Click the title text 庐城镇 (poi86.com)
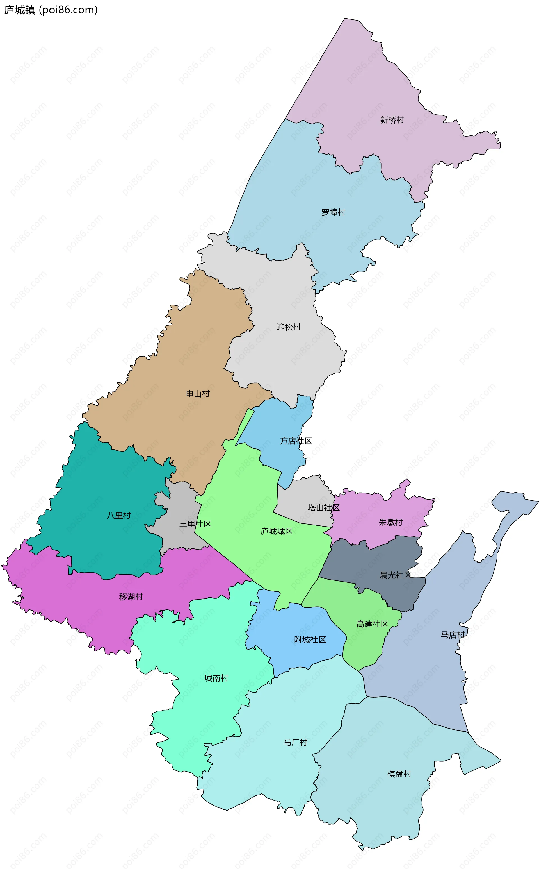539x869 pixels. [51, 10]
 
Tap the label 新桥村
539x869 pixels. [392, 120]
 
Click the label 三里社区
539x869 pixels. [195, 524]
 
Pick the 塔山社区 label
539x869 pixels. [323, 508]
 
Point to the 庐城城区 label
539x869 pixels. [276, 532]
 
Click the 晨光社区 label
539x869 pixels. [395, 575]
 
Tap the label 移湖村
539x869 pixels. [131, 597]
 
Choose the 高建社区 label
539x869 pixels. [372, 624]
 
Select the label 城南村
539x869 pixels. [216, 678]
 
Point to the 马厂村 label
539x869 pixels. [295, 742]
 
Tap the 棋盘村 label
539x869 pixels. [399, 774]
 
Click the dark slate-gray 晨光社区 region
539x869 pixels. [371, 564]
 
